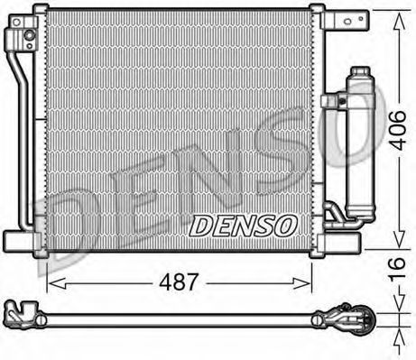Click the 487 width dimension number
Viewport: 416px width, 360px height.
click(179, 282)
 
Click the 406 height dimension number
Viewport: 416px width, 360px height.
click(397, 130)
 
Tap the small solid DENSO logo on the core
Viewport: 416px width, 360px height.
click(242, 226)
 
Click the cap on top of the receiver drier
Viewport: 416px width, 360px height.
click(360, 71)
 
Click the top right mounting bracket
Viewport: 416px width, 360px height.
click(346, 20)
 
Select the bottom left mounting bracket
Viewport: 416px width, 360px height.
click(21, 241)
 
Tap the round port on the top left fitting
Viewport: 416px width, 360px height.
click(30, 35)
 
